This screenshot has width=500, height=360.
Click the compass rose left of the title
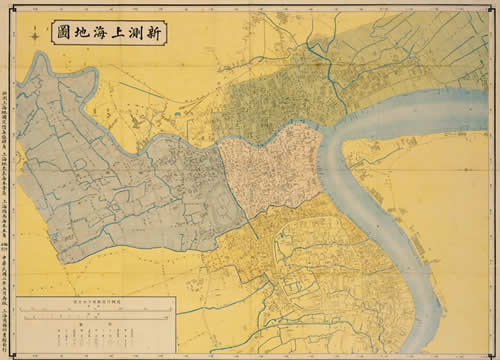click(36, 36)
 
